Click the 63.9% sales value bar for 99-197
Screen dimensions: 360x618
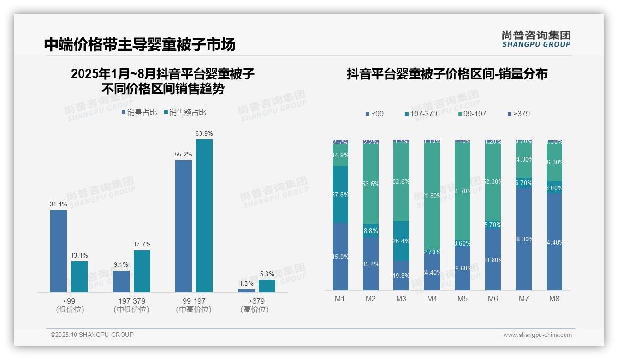204,216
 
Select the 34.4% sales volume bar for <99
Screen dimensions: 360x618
59,251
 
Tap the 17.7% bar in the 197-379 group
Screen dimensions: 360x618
142,271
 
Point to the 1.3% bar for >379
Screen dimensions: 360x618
246,291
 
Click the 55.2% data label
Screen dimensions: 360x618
183,154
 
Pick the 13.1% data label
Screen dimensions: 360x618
79,255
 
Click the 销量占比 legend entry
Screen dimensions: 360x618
139,113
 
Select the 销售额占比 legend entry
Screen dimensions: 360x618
185,113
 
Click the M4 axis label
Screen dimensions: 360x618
432,299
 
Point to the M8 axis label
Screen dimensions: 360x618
554,299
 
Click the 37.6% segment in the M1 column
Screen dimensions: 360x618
340,195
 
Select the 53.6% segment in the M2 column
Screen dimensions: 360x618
370,184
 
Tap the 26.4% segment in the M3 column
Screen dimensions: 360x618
401,241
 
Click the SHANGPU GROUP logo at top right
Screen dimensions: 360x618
536,39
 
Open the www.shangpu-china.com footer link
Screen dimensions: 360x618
537,335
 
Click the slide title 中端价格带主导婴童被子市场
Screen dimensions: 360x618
140,44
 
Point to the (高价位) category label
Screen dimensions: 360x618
255,310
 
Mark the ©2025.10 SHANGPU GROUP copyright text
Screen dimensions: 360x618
92,335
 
